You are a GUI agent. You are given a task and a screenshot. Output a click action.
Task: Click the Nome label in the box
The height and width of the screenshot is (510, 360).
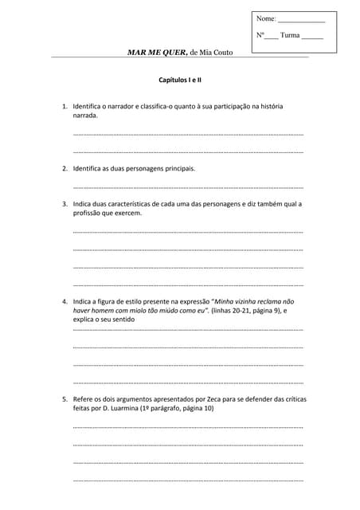(266, 18)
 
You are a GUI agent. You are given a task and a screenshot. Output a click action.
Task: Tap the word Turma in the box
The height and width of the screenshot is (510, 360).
(290, 35)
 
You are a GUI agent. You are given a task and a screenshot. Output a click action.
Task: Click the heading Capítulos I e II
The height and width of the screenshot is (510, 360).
(179, 80)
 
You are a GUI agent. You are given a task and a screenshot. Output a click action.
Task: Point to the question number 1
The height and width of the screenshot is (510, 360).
(64, 106)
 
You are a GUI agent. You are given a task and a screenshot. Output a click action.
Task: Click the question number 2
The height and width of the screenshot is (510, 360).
(64, 169)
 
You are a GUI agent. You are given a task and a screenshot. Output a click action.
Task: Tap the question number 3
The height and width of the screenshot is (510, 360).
(64, 204)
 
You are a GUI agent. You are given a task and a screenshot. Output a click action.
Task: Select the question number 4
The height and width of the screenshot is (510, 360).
(64, 302)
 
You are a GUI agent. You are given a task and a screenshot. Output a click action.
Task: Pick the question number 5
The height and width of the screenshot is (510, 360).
(64, 398)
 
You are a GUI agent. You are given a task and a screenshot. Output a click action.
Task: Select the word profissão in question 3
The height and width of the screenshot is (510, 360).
(88, 214)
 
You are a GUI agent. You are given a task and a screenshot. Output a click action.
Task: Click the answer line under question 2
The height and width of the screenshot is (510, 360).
(188, 186)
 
